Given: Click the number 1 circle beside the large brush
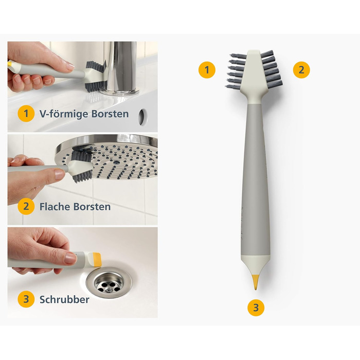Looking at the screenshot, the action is click(x=207, y=70).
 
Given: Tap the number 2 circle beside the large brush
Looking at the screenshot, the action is click(x=301, y=70).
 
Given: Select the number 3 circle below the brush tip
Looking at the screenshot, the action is click(x=256, y=308).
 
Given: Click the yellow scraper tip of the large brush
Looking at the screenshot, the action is click(x=255, y=282).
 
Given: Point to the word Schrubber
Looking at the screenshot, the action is click(x=64, y=300).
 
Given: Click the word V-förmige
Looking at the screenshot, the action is click(x=64, y=114).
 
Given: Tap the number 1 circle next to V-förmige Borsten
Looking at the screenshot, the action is click(x=26, y=114).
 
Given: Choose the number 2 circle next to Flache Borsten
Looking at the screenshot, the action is click(x=26, y=206).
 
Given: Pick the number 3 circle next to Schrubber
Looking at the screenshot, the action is click(x=26, y=299).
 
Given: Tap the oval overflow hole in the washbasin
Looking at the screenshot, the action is click(x=142, y=117).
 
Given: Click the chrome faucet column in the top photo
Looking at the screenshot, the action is click(x=120, y=66).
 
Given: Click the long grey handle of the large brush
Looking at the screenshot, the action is click(x=256, y=179).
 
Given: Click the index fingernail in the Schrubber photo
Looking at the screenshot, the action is click(x=70, y=259).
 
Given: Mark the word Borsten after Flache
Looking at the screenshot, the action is click(x=92, y=207).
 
